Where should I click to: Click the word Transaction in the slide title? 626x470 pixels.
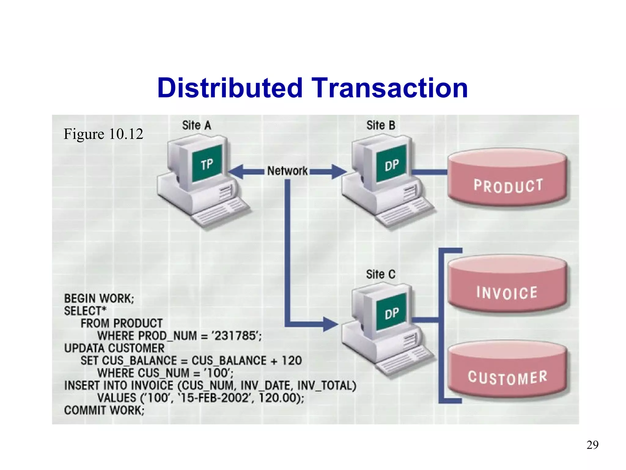(x=390, y=88)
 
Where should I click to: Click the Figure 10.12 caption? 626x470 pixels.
(x=103, y=134)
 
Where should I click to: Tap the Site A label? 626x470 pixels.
(x=197, y=125)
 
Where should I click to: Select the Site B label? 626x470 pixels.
(x=381, y=125)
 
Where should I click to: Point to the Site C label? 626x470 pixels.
(x=381, y=274)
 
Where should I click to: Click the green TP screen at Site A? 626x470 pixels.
(x=207, y=164)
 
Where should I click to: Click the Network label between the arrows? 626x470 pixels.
(x=287, y=171)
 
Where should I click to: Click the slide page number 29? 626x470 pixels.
(x=592, y=445)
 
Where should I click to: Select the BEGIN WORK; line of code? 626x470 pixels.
(x=99, y=298)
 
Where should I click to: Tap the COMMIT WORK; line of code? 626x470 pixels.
(x=104, y=410)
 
